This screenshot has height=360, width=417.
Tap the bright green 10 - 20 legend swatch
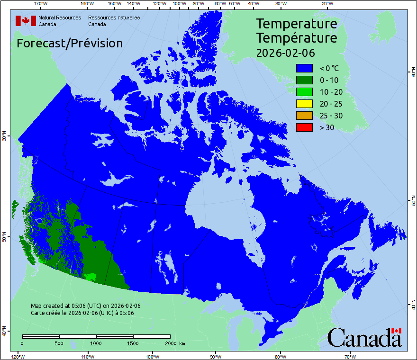click(x=305, y=92)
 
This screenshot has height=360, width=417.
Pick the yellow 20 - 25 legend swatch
click(x=305, y=104)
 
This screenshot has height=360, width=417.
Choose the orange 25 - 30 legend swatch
click(x=305, y=116)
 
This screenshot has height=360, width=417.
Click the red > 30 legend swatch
click(x=305, y=127)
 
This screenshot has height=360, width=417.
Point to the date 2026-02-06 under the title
click(x=285, y=53)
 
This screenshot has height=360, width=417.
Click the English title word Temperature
click(x=297, y=24)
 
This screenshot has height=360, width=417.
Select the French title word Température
click(x=297, y=38)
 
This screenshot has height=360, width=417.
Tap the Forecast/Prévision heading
click(x=70, y=44)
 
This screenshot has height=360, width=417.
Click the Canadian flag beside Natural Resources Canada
click(x=26, y=21)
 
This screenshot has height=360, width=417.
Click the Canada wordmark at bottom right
click(x=364, y=337)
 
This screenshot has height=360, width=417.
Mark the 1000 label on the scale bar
click(x=96, y=343)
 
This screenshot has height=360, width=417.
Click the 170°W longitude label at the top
click(x=41, y=4)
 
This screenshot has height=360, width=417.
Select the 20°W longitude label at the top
click(x=326, y=4)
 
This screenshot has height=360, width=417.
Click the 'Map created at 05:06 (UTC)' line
click(x=85, y=306)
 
